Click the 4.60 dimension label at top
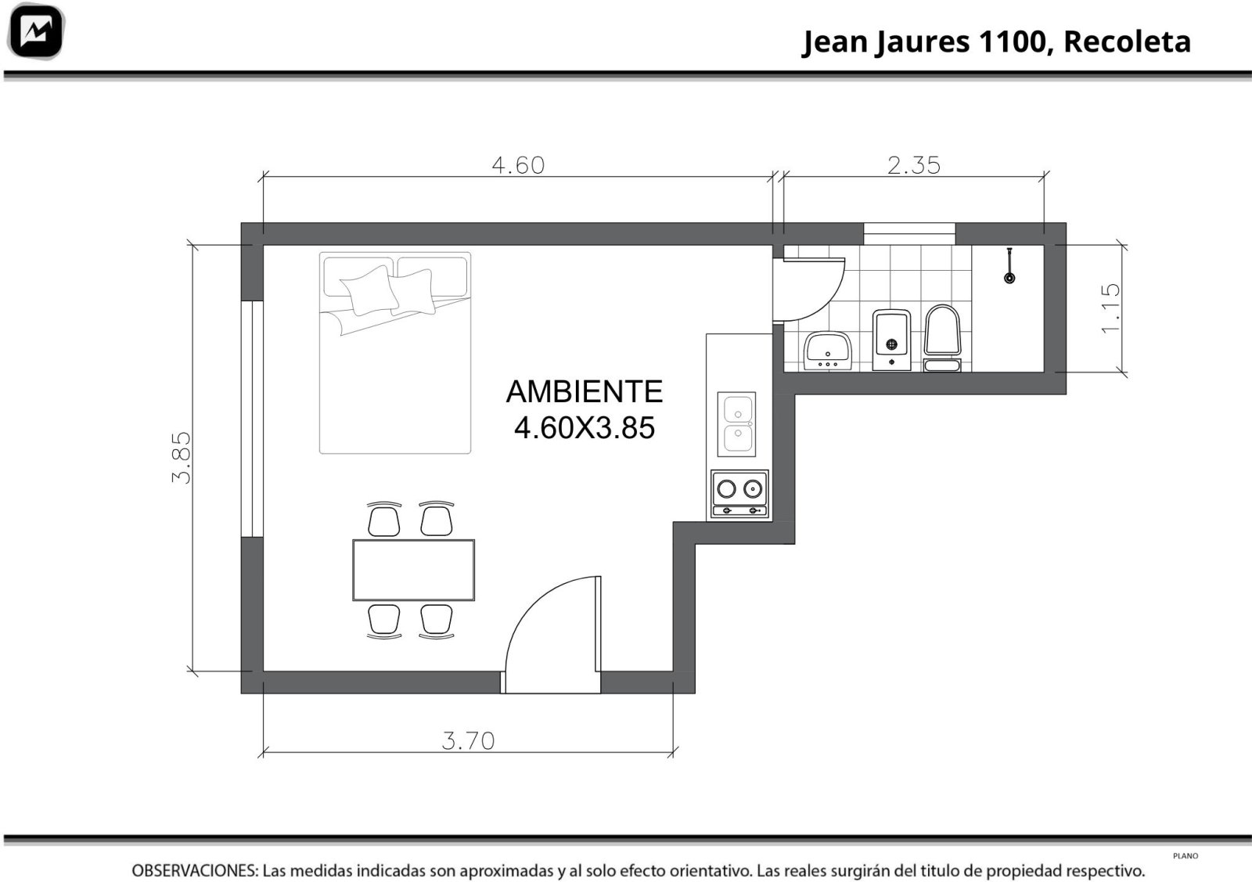[517, 165]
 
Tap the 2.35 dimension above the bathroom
[914, 165]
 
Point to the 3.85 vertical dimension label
[182, 458]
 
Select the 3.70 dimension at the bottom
[468, 741]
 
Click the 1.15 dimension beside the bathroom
[1110, 308]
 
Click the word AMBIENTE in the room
[584, 391]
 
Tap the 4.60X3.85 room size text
[584, 428]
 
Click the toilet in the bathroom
[942, 337]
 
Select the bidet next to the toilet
[891, 340]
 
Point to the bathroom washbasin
[827, 351]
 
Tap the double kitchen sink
[736, 423]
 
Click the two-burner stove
[739, 494]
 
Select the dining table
[414, 570]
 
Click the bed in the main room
[395, 353]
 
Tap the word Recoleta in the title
[1127, 42]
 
